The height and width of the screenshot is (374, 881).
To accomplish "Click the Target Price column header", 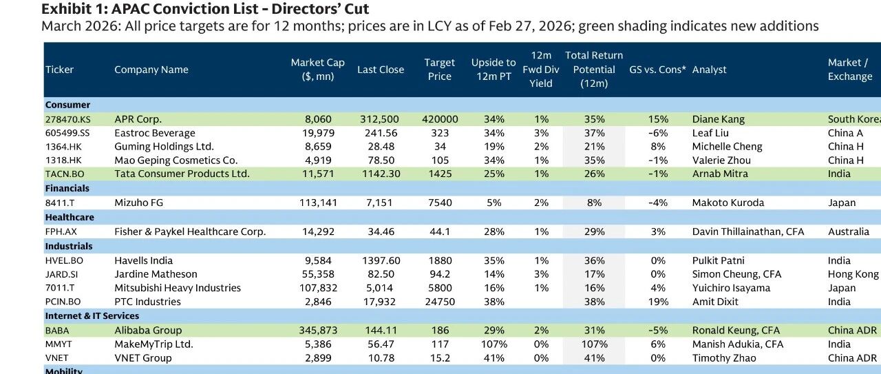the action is coord(439,70).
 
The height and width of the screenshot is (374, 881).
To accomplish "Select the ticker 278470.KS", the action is coord(67,119).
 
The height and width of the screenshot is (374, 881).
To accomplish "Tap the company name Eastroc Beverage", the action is coord(155,133).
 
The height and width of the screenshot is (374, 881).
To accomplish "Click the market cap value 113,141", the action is coord(318,202).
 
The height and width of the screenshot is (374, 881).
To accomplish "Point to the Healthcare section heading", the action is coord(70,218).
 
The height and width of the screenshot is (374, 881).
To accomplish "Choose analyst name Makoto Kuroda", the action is coord(728,202).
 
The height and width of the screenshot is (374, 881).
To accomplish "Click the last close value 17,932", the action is coord(379,302).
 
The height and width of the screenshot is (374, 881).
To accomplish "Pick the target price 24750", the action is coord(440,302).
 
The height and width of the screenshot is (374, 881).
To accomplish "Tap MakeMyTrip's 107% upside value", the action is coord(494,344).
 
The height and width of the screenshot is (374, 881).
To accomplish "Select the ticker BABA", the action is coord(57,331).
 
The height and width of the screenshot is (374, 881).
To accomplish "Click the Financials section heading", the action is coord(67,188).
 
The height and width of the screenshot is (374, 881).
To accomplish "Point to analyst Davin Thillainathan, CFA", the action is coord(748,231).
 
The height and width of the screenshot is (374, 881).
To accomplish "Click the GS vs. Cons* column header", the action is coord(657,70).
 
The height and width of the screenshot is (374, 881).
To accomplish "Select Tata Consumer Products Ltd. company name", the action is coord(182,174).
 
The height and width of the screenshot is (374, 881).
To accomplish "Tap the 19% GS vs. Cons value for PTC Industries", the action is coord(658,302).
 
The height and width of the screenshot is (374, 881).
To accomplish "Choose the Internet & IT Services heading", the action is coord(92,315).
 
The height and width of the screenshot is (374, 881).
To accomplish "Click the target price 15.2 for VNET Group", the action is coord(440,358).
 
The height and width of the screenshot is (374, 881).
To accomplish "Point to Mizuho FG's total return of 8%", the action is coord(594,202).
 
